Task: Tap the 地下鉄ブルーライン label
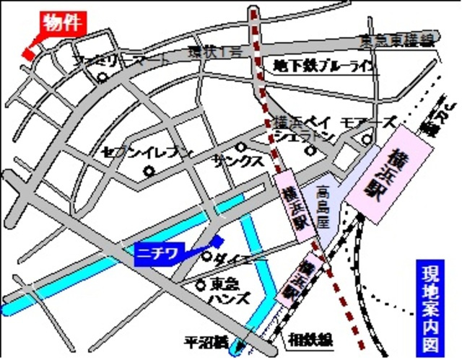(x=325, y=66)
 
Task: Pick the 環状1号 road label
(x=213, y=52)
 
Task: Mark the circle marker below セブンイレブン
(x=149, y=172)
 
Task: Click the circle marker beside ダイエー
(x=206, y=256)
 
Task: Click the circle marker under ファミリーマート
(x=103, y=77)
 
